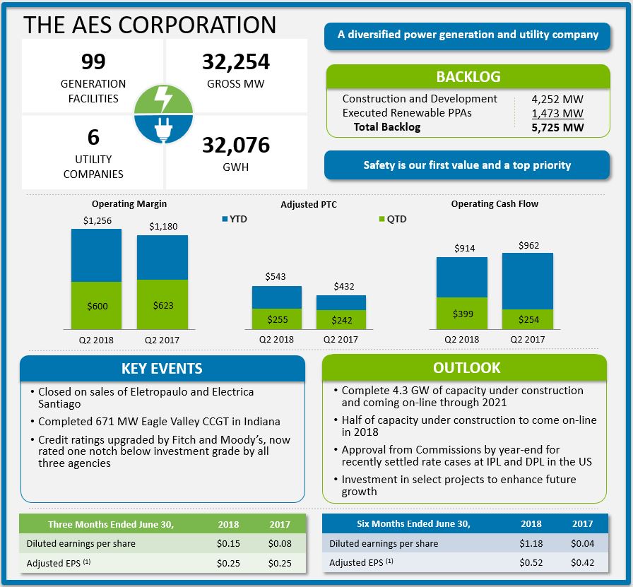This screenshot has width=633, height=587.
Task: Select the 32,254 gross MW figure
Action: pyautogui.click(x=236, y=62)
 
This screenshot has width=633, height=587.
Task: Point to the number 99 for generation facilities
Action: pyautogui.click(x=93, y=62)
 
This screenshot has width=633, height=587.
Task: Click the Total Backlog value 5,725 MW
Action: pyautogui.click(x=558, y=128)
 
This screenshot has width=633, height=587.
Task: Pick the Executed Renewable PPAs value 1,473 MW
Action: pyautogui.click(x=558, y=113)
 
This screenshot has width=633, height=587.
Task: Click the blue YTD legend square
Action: pyautogui.click(x=225, y=219)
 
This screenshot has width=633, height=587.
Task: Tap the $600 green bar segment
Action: pyautogui.click(x=96, y=306)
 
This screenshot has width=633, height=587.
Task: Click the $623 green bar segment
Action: pyautogui.click(x=162, y=305)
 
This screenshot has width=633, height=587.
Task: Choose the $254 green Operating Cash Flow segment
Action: pyautogui.click(x=528, y=319)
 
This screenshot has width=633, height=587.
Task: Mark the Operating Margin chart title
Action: pyautogui.click(x=129, y=204)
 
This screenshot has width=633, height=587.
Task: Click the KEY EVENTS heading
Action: pyautogui.click(x=162, y=369)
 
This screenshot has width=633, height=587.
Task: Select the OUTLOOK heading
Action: pyautogui.click(x=466, y=368)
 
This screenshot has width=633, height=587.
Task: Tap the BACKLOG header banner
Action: pyautogui.click(x=468, y=77)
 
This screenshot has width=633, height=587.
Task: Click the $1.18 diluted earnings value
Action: pyautogui.click(x=531, y=544)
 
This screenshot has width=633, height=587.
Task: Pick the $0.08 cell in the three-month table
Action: pyautogui.click(x=280, y=544)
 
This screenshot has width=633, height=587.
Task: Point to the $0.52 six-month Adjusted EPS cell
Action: pyautogui.click(x=531, y=563)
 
